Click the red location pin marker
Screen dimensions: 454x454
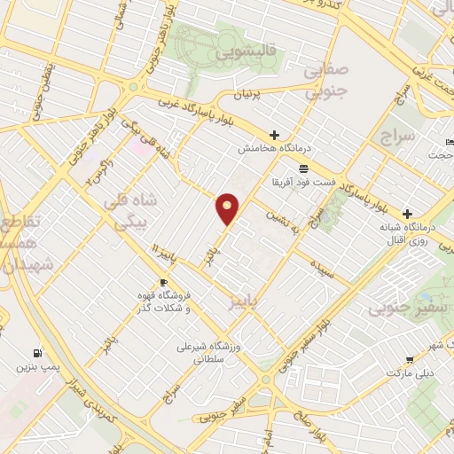coord(228,207)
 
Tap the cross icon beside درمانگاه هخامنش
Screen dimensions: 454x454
coord(275,136)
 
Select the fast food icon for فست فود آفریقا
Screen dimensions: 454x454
coord(303,168)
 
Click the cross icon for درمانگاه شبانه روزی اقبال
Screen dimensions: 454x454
coord(407,214)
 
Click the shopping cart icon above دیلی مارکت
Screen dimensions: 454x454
coord(410,359)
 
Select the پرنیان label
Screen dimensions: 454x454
coord(249,93)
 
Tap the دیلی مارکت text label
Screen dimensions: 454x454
coord(410,372)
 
